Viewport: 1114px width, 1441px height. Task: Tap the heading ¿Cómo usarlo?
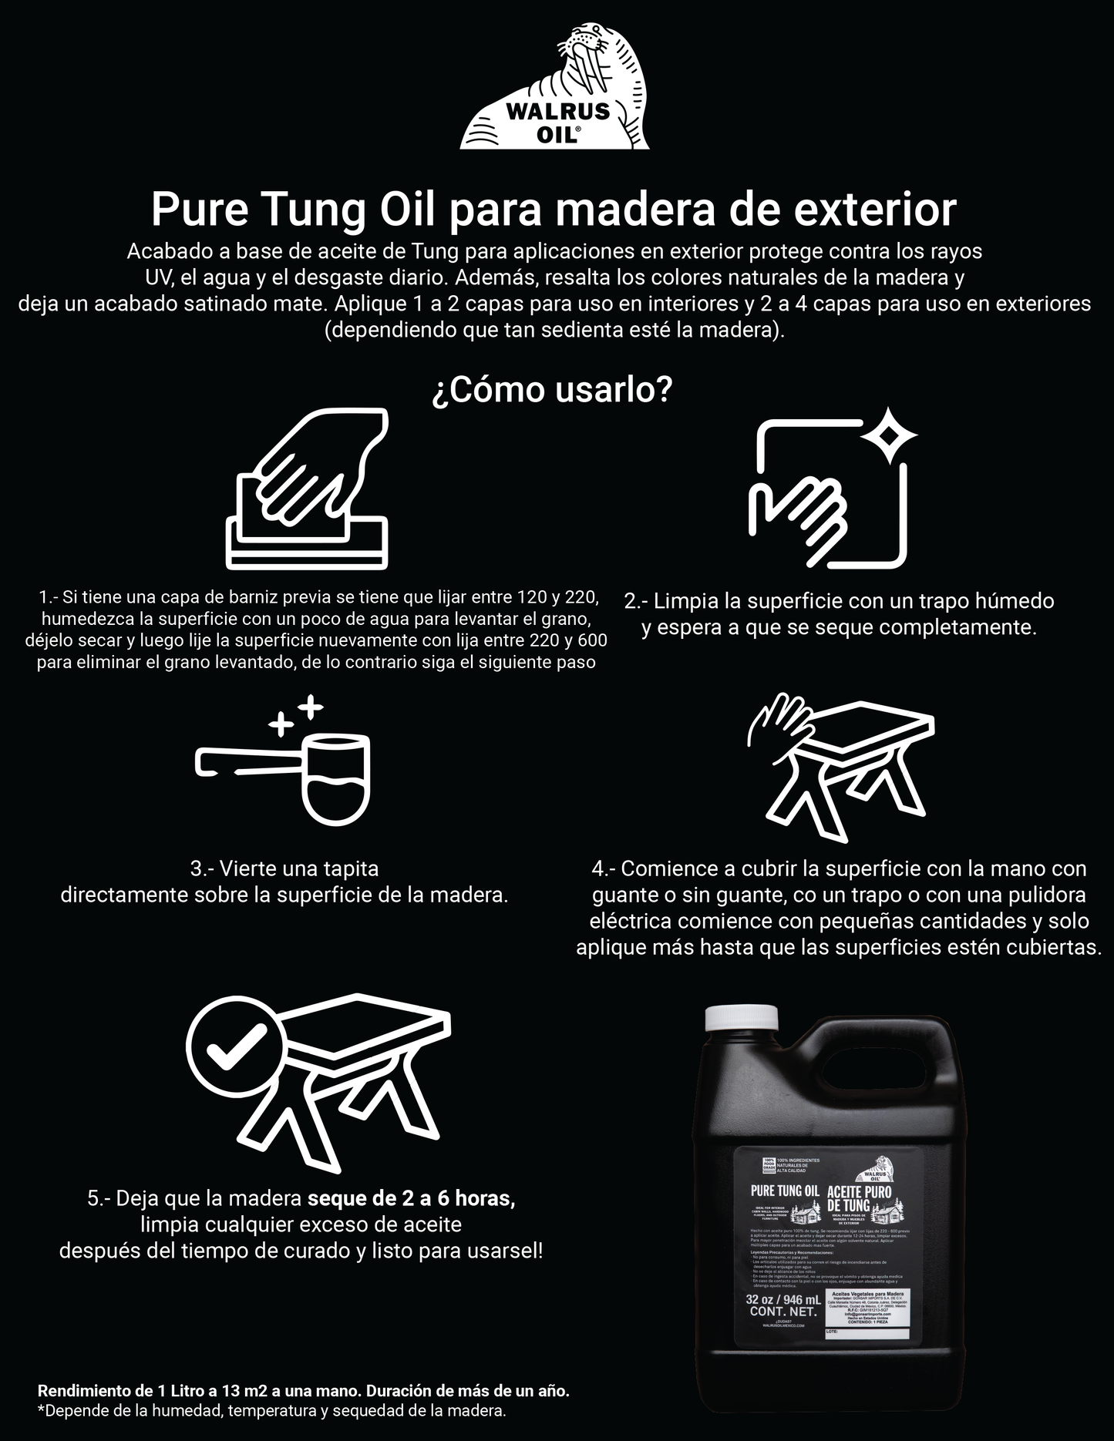pos(552,390)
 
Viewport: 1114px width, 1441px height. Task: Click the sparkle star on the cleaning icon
pos(889,436)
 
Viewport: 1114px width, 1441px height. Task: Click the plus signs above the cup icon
pos(296,716)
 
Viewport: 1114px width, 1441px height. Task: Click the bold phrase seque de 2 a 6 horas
pos(411,1198)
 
